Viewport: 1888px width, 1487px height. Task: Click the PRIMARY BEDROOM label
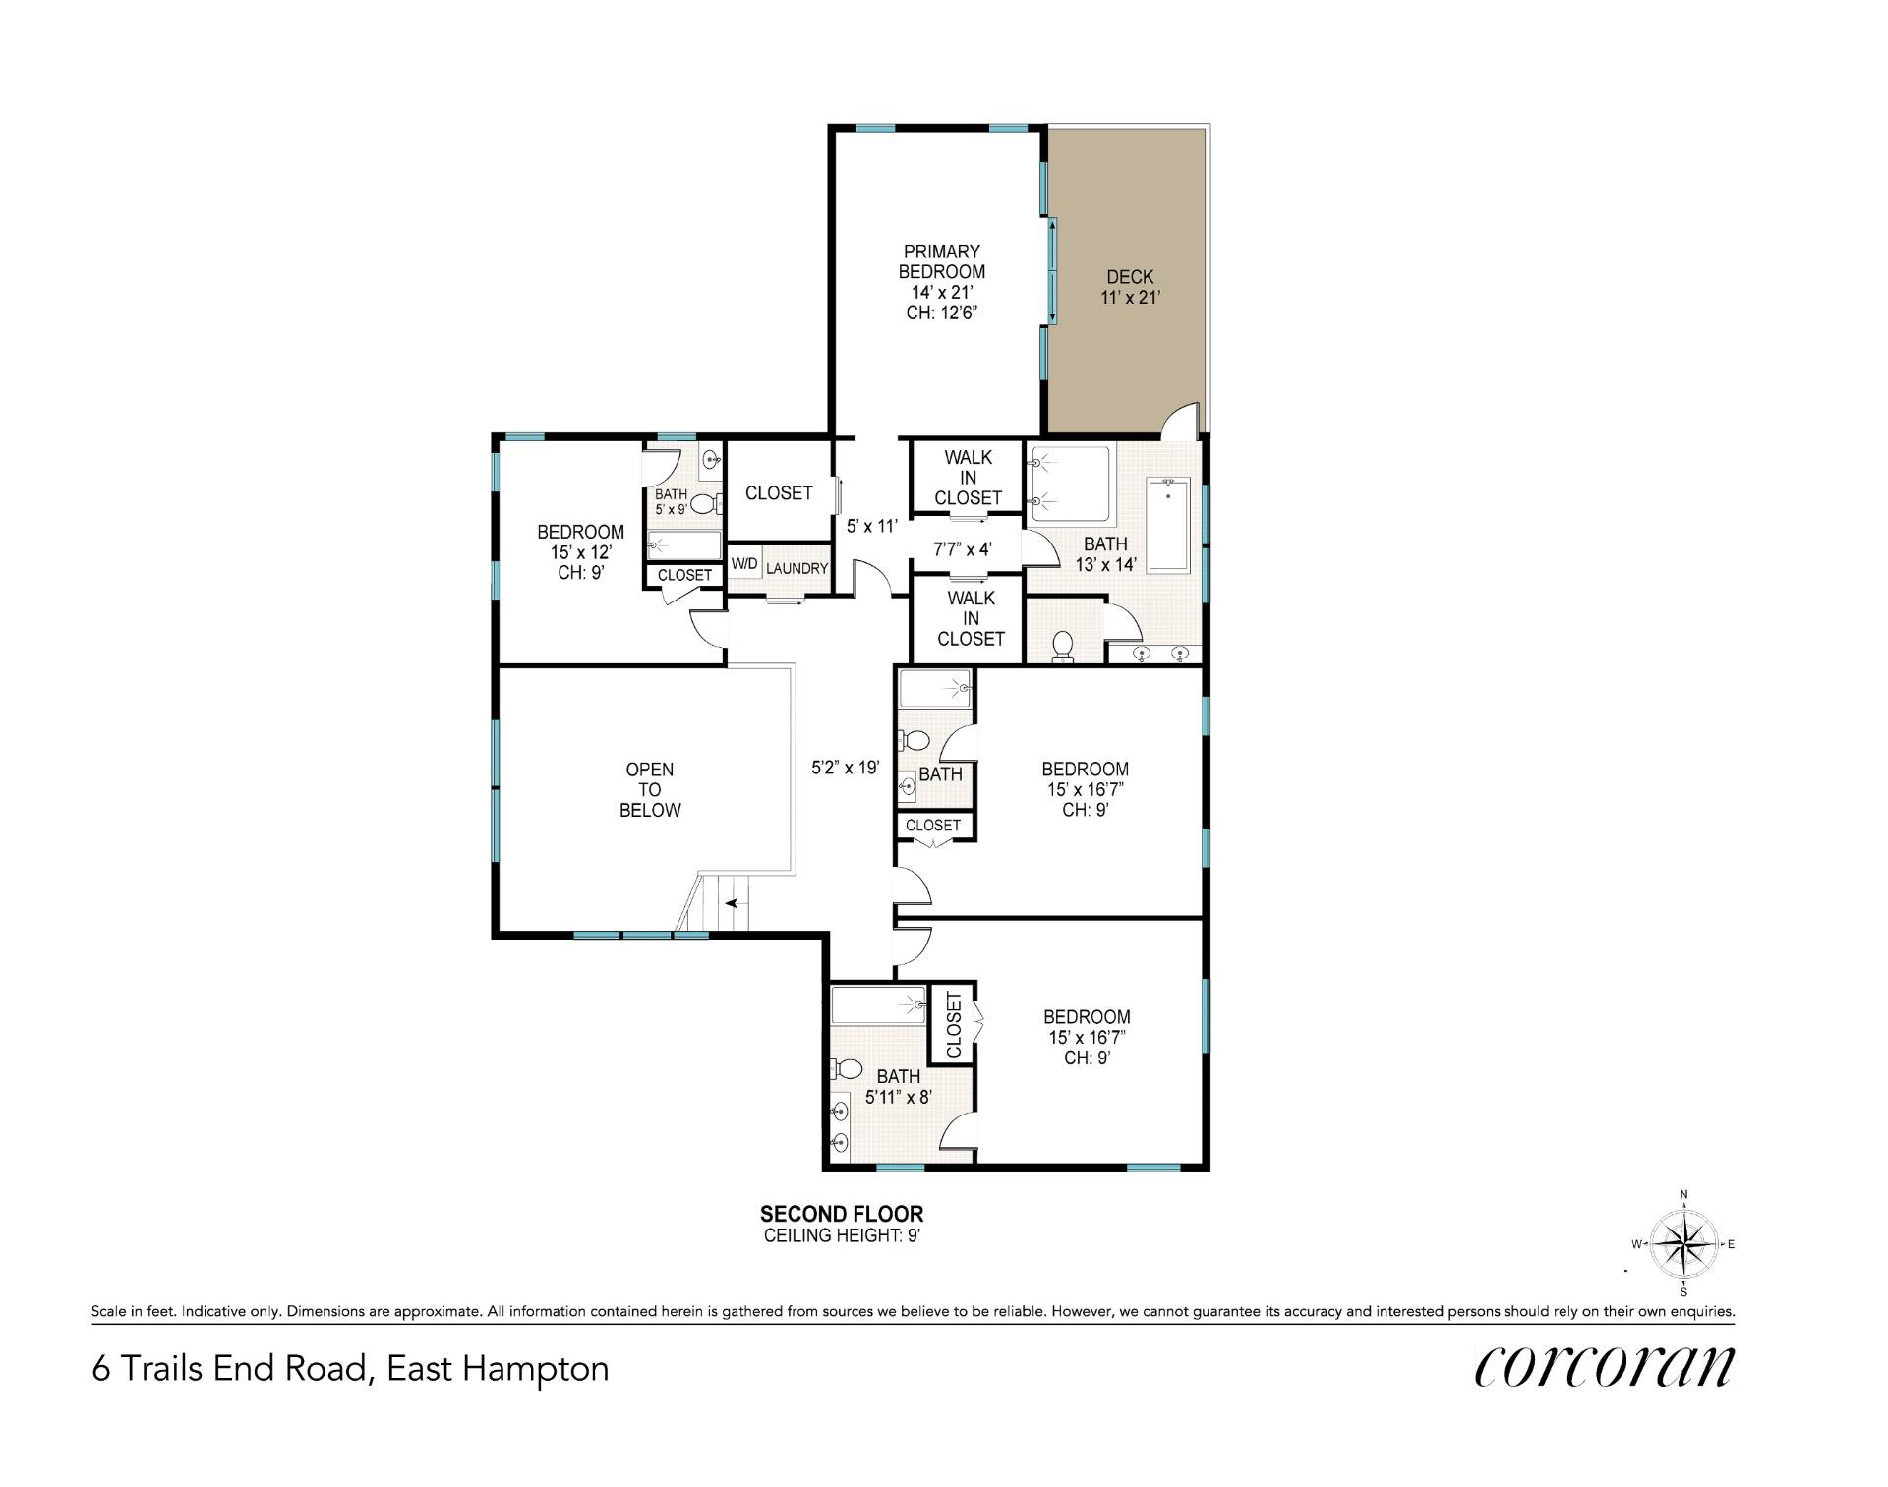click(x=941, y=261)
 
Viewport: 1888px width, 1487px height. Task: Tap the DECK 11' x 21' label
click(x=1130, y=287)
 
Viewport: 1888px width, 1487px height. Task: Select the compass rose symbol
click(x=1683, y=1243)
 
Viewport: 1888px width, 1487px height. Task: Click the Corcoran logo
click(x=1604, y=1367)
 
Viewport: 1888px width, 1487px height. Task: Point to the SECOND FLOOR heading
click(x=842, y=1215)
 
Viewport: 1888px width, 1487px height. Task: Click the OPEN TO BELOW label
click(x=649, y=789)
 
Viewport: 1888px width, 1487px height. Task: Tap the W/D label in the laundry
click(x=744, y=565)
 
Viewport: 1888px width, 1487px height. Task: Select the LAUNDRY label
click(x=797, y=568)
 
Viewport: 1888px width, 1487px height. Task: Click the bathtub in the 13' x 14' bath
click(x=1169, y=525)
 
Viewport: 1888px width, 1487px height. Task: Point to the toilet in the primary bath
click(x=1062, y=647)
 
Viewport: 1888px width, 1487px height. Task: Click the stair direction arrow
click(x=734, y=902)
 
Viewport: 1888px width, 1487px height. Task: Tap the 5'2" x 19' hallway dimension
click(x=845, y=768)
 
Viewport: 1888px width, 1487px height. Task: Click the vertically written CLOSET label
click(x=953, y=1024)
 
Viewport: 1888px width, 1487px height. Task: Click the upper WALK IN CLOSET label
click(x=969, y=478)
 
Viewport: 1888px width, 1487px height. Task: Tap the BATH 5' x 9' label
click(x=672, y=502)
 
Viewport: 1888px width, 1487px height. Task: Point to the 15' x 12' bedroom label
click(x=580, y=552)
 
